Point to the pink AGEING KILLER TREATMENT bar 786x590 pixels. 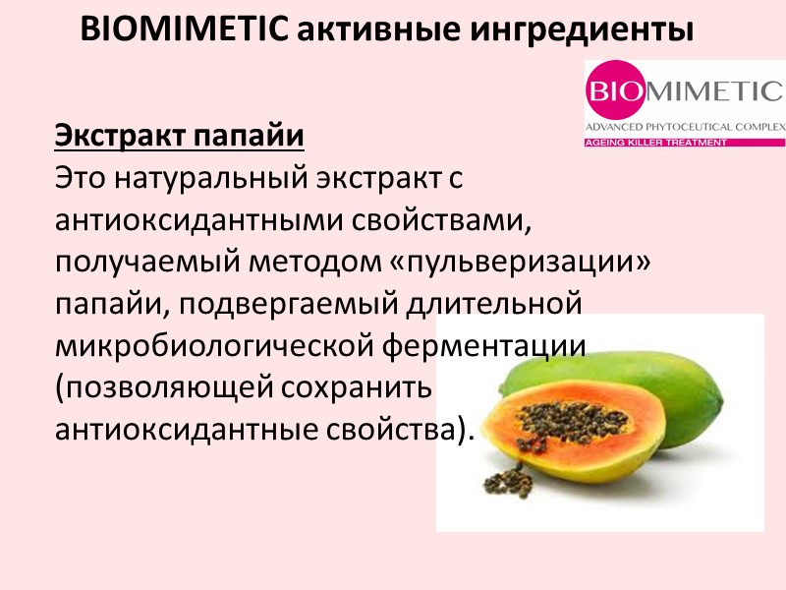click(x=685, y=143)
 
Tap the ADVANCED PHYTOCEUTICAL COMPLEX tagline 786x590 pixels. click(x=685, y=128)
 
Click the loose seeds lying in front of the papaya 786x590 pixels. click(x=509, y=481)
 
